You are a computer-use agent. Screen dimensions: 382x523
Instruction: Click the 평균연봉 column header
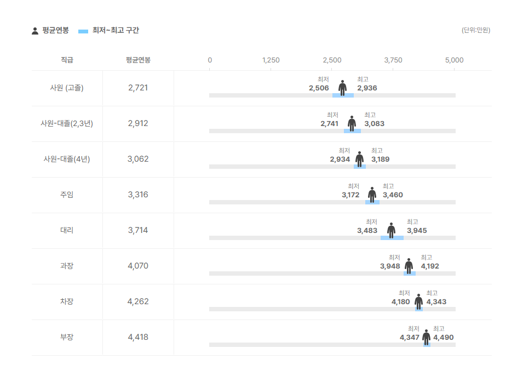click(138, 60)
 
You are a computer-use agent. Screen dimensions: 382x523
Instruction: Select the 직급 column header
click(67, 60)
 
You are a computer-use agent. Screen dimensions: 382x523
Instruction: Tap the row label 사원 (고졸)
click(67, 88)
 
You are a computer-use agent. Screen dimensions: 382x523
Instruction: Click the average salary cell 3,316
click(138, 195)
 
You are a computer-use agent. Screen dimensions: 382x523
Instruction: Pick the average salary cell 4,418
click(138, 337)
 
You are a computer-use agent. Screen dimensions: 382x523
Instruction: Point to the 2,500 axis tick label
click(332, 60)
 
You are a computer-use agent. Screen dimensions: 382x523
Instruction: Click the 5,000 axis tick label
click(455, 60)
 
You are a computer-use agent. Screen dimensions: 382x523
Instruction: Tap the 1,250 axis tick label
click(271, 60)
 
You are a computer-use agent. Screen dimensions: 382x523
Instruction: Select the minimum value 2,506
click(319, 88)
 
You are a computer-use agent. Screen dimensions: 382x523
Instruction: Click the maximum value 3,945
click(417, 231)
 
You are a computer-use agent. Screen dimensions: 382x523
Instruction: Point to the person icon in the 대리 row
click(391, 230)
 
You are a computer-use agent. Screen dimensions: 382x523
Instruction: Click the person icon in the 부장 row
click(426, 337)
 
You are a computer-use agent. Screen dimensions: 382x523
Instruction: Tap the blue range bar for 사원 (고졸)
click(343, 95)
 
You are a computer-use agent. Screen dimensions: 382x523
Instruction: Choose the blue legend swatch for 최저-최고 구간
click(83, 31)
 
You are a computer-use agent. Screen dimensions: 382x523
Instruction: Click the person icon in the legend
click(35, 31)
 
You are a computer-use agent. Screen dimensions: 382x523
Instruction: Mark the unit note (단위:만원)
click(475, 30)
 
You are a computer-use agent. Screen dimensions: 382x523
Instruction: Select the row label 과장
click(67, 266)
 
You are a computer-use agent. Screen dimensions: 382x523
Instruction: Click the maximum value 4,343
click(436, 302)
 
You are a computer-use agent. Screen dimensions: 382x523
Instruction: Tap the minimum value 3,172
click(350, 195)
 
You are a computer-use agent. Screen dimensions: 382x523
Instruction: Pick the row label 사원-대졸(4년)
click(67, 159)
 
